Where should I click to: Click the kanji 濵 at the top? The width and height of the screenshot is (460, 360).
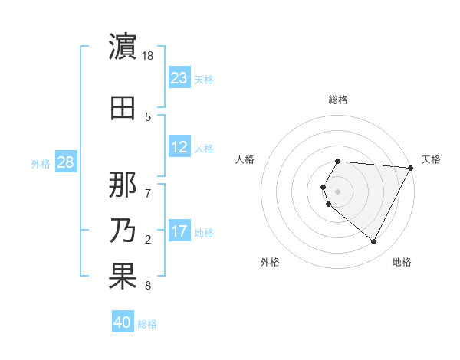pyautogui.click(x=123, y=47)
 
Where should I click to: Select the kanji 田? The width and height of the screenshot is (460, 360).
pyautogui.click(x=123, y=108)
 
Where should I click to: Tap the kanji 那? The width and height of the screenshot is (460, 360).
pyautogui.click(x=123, y=185)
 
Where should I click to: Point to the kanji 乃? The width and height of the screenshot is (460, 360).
pyautogui.click(x=123, y=231)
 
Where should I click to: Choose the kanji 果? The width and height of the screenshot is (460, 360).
pyautogui.click(x=123, y=277)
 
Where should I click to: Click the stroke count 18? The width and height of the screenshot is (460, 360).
pyautogui.click(x=149, y=56)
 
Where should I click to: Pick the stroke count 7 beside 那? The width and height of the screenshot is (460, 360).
pyautogui.click(x=149, y=185)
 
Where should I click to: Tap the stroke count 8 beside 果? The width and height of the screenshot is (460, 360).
pyautogui.click(x=148, y=286)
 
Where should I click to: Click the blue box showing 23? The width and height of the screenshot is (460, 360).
pyautogui.click(x=179, y=77)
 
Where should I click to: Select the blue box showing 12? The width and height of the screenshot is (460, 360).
pyautogui.click(x=179, y=147)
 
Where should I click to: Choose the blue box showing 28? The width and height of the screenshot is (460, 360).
pyautogui.click(x=64, y=162)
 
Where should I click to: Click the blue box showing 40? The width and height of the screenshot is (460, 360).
pyautogui.click(x=123, y=322)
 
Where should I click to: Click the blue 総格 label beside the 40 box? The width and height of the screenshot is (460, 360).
pyautogui.click(x=148, y=324)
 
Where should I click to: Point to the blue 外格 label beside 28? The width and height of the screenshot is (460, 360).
pyautogui.click(x=41, y=163)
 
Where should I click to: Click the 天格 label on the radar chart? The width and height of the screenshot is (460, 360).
pyautogui.click(x=431, y=159)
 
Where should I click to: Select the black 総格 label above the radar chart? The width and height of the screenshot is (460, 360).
pyautogui.click(x=338, y=100)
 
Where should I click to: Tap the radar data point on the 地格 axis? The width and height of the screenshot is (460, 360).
pyautogui.click(x=373, y=241)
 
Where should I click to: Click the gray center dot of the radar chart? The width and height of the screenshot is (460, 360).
pyautogui.click(x=337, y=191)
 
